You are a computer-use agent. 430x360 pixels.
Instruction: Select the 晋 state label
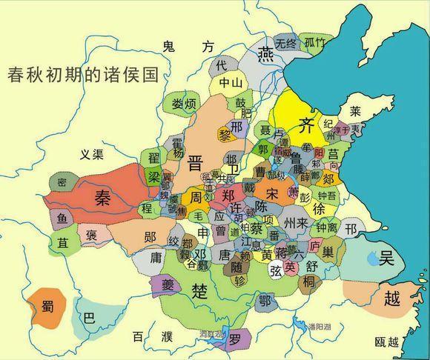(x=196, y=163)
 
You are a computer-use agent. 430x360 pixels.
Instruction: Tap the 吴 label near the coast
(x=386, y=258)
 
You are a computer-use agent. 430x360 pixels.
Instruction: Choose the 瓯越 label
(x=386, y=341)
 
